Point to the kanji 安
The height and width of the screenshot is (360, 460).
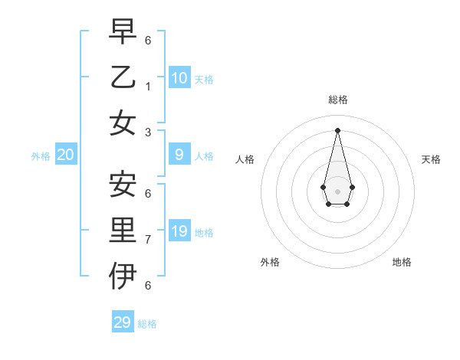pos(123,184)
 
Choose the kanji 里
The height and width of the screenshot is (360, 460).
pos(123,230)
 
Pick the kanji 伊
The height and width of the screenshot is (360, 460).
pos(123,276)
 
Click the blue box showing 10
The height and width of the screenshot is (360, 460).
pos(179,78)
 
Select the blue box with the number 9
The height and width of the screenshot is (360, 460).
pos(179,155)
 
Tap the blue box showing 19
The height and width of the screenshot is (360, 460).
pos(179,231)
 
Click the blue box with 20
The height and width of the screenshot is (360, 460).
pos(66,155)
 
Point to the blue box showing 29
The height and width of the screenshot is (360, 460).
pos(122,322)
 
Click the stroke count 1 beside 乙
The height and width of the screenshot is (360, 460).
pos(147,87)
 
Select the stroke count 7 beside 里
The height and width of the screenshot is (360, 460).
pos(147,240)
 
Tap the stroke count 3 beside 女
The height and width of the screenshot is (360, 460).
pos(147,132)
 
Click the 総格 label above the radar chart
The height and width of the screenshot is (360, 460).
pos(337,100)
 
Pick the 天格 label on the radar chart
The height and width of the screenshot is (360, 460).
pos(431,159)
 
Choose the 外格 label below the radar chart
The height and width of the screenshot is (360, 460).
pos(270,262)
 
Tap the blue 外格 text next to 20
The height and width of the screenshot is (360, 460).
pos(41,156)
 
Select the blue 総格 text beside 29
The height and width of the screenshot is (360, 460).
pos(147,324)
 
